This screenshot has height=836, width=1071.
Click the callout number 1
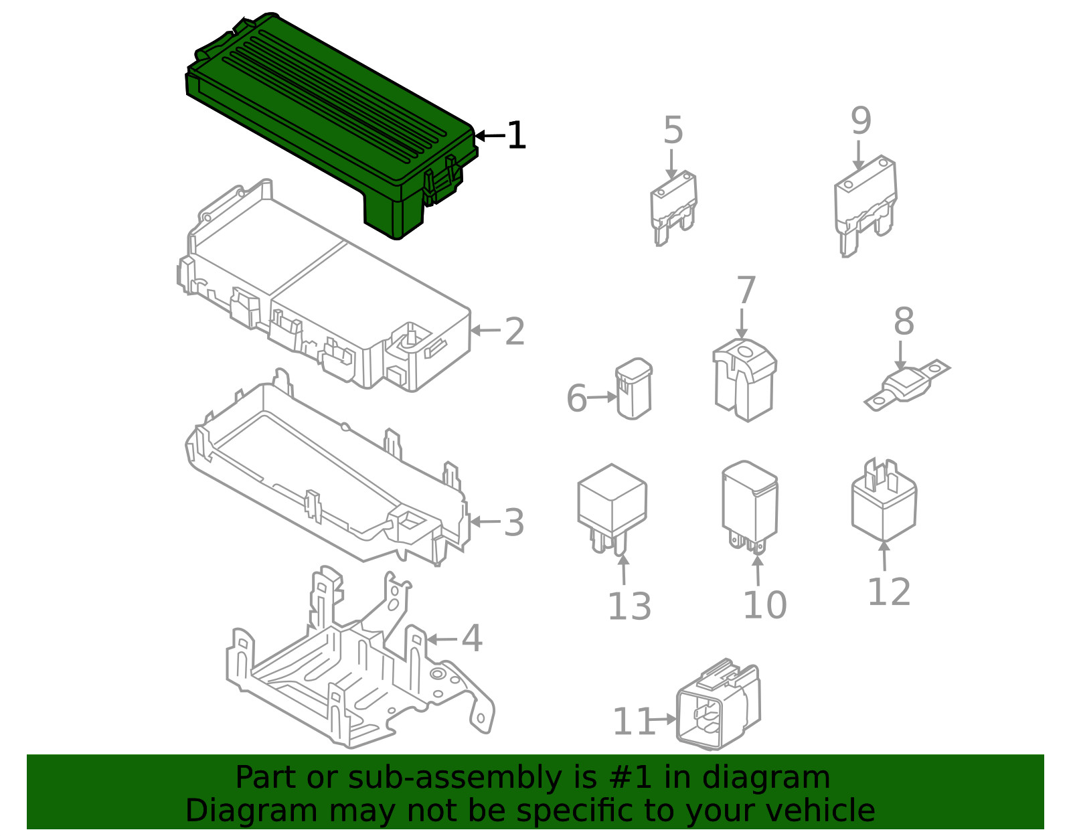pos(516,136)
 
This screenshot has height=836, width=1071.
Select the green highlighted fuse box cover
pos(328,120)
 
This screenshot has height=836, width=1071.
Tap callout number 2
pos(514,331)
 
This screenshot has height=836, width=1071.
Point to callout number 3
pos(514,523)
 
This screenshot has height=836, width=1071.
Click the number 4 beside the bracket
pos(472,639)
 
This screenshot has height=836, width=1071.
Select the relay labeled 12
pos(884,502)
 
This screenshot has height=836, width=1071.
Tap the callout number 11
pos(632,722)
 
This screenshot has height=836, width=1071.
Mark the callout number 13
pos(629,606)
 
